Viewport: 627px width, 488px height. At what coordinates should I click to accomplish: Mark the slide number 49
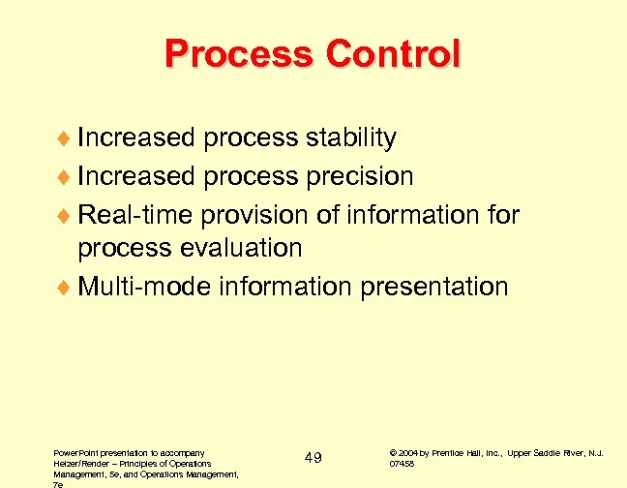click(x=313, y=457)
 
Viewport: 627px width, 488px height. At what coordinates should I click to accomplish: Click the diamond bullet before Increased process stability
click(x=64, y=139)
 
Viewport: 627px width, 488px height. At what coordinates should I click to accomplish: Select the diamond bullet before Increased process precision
click(x=64, y=177)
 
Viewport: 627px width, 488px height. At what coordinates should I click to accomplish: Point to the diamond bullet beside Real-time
click(x=64, y=214)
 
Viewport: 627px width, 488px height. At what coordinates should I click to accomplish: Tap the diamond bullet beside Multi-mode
click(x=64, y=288)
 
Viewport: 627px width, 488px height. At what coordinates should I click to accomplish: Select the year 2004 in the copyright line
click(x=406, y=451)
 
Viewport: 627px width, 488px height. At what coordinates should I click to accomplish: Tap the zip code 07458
click(x=402, y=464)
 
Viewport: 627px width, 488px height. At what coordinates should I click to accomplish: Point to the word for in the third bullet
click(x=503, y=213)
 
